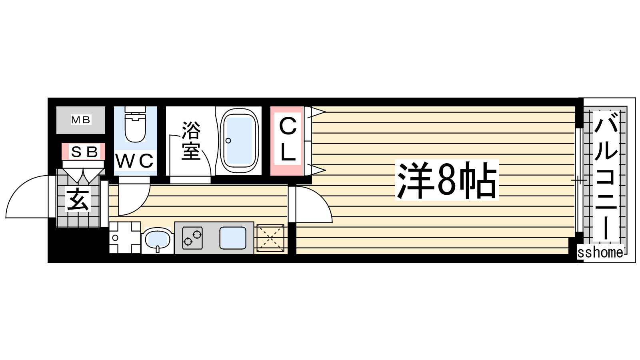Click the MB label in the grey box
click(80, 120)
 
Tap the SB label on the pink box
click(84, 152)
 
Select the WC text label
click(134, 161)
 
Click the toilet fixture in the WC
click(136, 124)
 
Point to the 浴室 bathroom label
click(191, 140)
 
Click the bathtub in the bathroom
click(238, 140)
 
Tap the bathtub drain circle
click(228, 140)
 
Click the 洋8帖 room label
click(447, 180)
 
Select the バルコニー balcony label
click(606, 176)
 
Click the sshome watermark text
click(600, 252)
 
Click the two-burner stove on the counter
click(192, 238)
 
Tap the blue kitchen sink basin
click(233, 238)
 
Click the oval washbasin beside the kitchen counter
click(158, 240)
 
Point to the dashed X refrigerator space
click(270, 238)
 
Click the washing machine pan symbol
click(125, 238)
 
